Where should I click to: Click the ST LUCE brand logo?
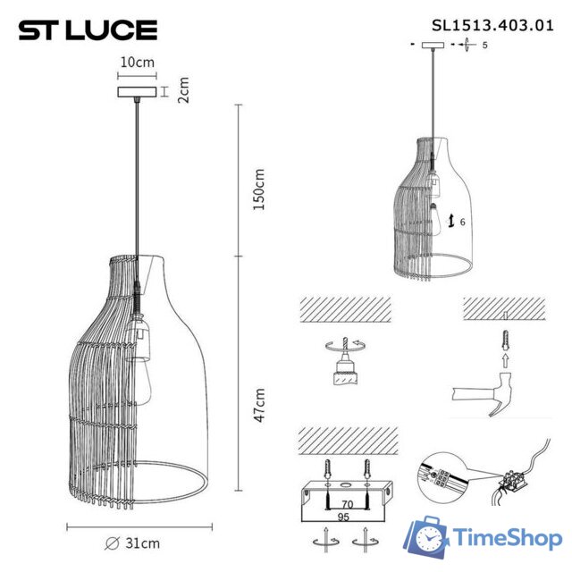88,29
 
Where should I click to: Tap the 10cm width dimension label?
139,63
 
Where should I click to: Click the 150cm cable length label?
259,189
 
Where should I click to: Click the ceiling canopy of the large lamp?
139,91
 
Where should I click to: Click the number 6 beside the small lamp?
463,221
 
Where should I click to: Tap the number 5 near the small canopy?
484,44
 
